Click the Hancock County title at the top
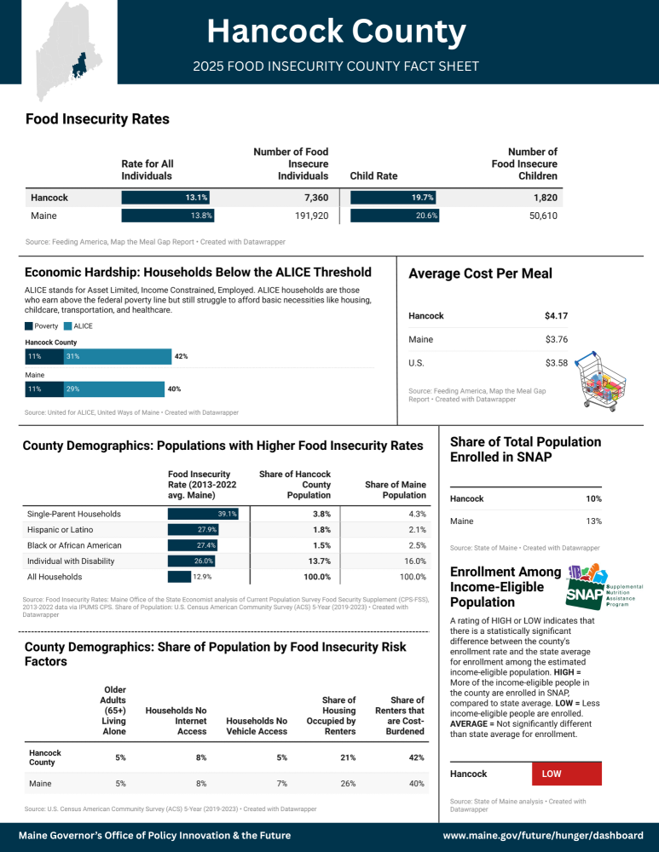tap(336, 32)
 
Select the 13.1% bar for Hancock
tap(166, 198)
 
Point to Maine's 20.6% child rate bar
tap(395, 216)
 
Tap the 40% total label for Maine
tap(174, 389)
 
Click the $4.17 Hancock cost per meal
tap(556, 316)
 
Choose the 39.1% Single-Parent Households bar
tap(203, 514)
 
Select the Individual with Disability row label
tap(74, 561)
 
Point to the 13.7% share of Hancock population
tap(318, 561)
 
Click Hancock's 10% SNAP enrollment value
tap(593, 498)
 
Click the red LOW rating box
tap(566, 774)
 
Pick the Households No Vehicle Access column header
tap(257, 726)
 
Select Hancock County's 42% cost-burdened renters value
tap(414, 757)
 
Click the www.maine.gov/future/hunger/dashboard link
tap(541, 836)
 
